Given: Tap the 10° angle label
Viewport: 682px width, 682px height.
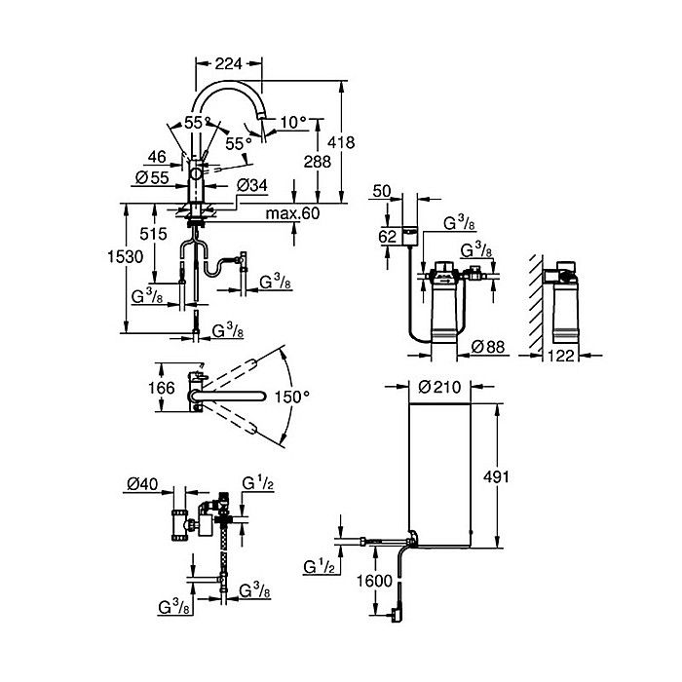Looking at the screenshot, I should coord(293,122).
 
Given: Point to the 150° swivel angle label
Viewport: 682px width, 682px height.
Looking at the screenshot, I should coord(292,397).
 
